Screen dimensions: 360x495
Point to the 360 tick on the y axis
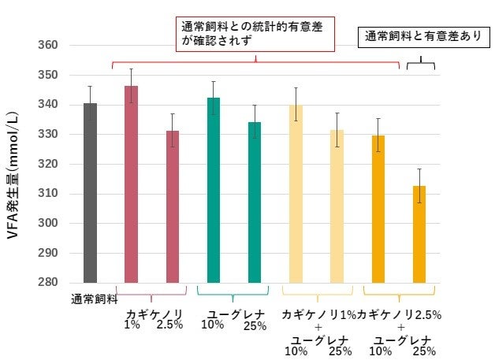point(48,45)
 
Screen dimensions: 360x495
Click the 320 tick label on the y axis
point(48,164)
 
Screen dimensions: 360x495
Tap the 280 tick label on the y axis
point(48,283)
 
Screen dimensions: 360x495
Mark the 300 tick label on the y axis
point(48,224)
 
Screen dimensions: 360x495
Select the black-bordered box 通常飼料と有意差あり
point(422,37)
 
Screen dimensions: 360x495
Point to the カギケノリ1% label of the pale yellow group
point(317,315)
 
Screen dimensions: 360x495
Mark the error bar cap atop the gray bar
point(90,87)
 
